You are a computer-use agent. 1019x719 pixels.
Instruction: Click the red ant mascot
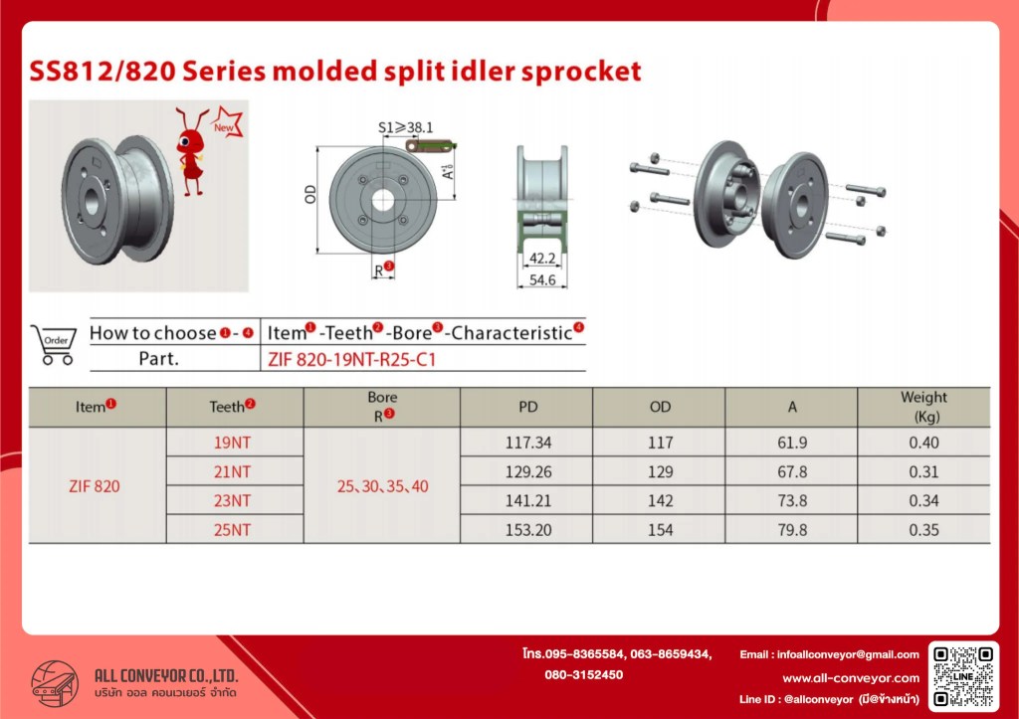[x=192, y=152]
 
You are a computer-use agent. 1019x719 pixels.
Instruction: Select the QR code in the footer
[x=963, y=675]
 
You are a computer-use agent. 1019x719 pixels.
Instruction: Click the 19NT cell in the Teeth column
[x=232, y=443]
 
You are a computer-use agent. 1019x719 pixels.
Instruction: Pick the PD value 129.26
[x=528, y=471]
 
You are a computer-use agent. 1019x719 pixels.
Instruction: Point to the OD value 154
[x=661, y=530]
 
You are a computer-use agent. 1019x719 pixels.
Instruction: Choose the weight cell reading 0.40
[x=923, y=443]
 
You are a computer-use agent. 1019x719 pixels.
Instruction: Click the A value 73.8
[x=792, y=501]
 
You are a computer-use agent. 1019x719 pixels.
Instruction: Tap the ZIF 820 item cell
[x=95, y=486]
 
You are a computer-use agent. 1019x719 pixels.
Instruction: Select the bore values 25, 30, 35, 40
[x=382, y=486]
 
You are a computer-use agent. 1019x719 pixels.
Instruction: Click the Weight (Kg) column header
[x=923, y=407]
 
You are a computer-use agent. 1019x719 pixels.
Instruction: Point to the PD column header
[x=528, y=407]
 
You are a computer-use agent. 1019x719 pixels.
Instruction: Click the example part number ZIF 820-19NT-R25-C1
[x=351, y=359]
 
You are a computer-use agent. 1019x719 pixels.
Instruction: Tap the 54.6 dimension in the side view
[x=542, y=279]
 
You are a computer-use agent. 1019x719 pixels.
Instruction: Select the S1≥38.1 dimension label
[x=406, y=127]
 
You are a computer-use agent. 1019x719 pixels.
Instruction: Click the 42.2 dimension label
[x=542, y=259]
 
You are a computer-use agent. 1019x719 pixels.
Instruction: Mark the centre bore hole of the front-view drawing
[x=383, y=201]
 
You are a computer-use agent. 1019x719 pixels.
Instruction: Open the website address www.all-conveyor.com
[x=851, y=678]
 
